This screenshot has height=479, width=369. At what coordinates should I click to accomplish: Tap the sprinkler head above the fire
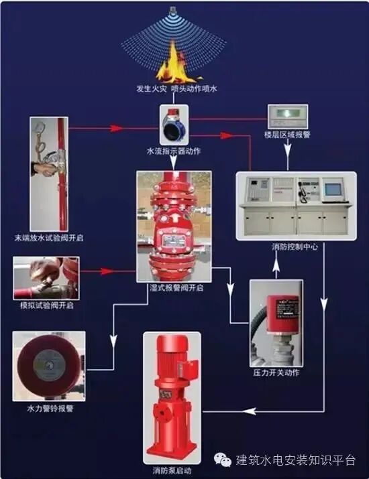coord(173,11)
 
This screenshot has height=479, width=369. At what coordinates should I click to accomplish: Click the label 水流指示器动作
coord(173,151)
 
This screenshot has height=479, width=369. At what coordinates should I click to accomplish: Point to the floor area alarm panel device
coord(287,117)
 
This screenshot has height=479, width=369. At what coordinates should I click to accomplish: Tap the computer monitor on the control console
coord(333,190)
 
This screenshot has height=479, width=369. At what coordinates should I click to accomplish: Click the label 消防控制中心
coord(295,247)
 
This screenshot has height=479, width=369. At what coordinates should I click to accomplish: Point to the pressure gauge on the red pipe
coord(42,125)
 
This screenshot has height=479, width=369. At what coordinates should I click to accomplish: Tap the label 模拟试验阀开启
coord(46,305)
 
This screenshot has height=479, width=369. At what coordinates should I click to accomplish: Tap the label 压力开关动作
coord(276,372)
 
